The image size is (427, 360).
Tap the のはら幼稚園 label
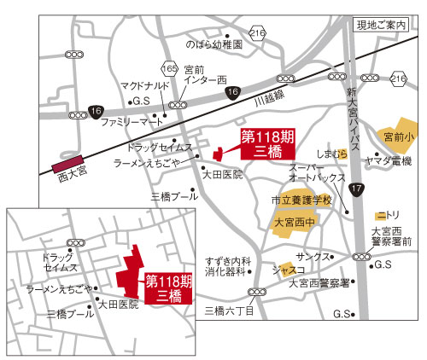215,44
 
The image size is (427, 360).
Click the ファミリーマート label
130,122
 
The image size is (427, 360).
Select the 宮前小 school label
399,136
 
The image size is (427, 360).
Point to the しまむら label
332,154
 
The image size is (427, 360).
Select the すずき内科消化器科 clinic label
227,266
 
